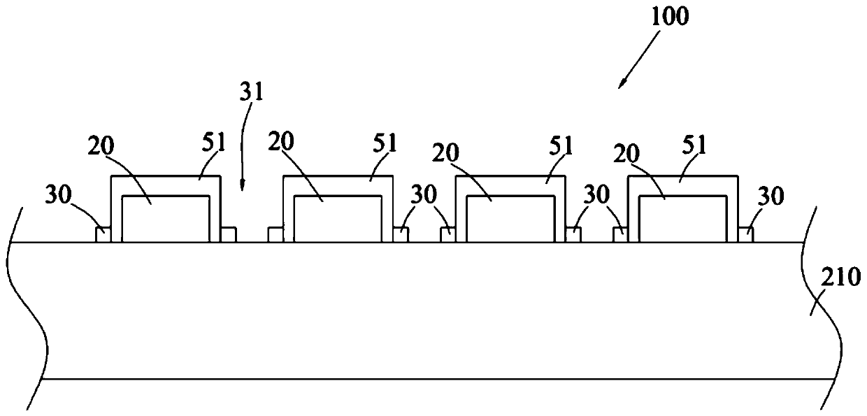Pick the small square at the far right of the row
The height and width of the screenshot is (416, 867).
click(x=746, y=235)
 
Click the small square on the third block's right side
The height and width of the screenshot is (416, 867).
click(x=573, y=235)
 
